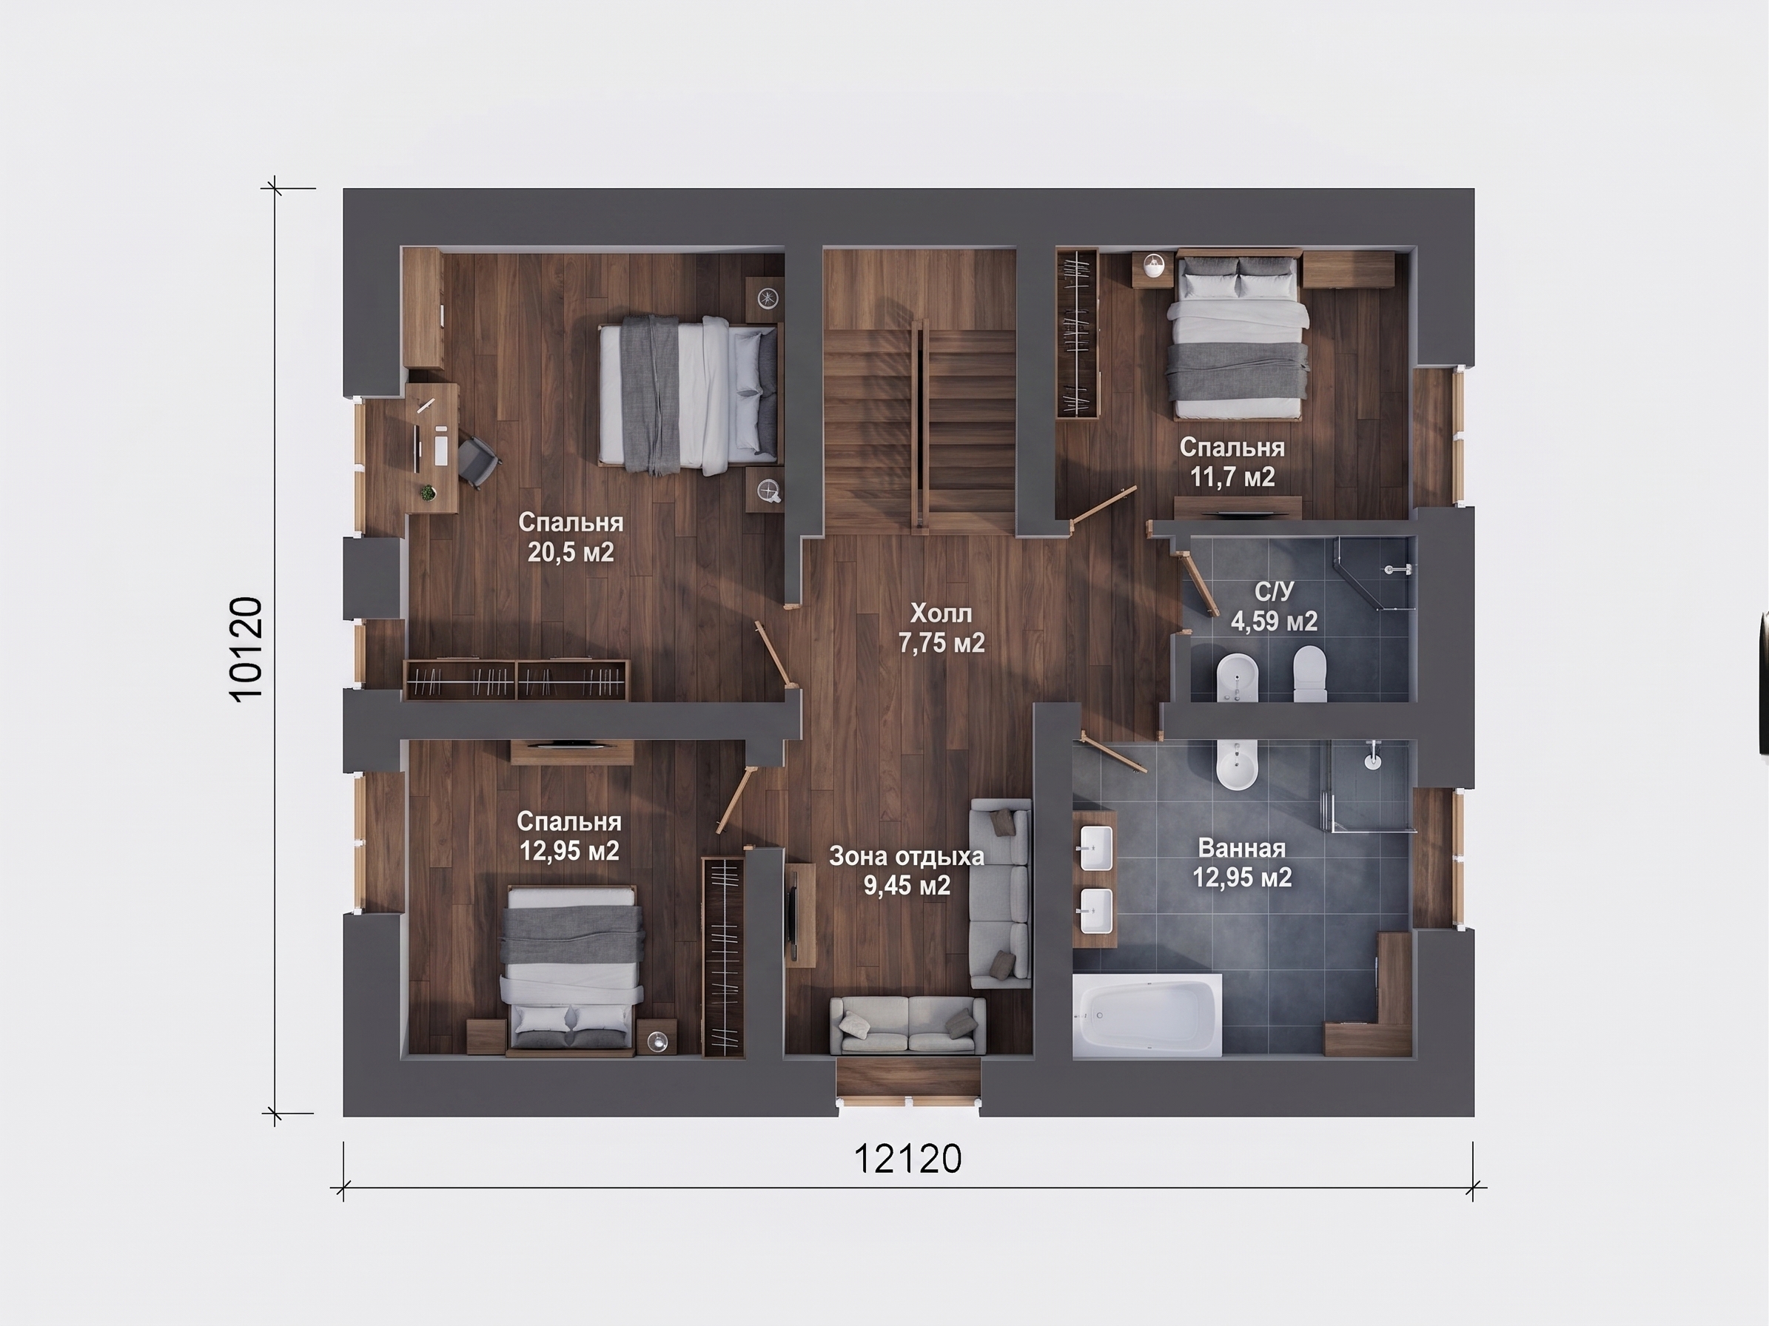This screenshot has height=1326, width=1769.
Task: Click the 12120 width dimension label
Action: (907, 1159)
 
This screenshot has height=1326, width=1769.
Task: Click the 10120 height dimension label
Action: (246, 650)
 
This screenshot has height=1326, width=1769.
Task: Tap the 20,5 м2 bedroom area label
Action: (570, 537)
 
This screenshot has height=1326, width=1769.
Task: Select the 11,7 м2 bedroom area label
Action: (1232, 462)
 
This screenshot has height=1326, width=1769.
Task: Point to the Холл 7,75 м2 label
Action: (941, 628)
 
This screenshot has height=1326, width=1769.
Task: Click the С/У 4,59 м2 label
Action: (1274, 606)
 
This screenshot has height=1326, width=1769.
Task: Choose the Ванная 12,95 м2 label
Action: (1242, 864)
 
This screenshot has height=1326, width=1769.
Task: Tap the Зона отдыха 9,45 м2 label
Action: (907, 870)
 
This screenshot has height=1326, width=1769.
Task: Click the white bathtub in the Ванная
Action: (1147, 1014)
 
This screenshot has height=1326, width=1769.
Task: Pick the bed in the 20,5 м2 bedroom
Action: (688, 395)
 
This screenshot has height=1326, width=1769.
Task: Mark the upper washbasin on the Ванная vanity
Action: (1095, 848)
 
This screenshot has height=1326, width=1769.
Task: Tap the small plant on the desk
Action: (429, 492)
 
